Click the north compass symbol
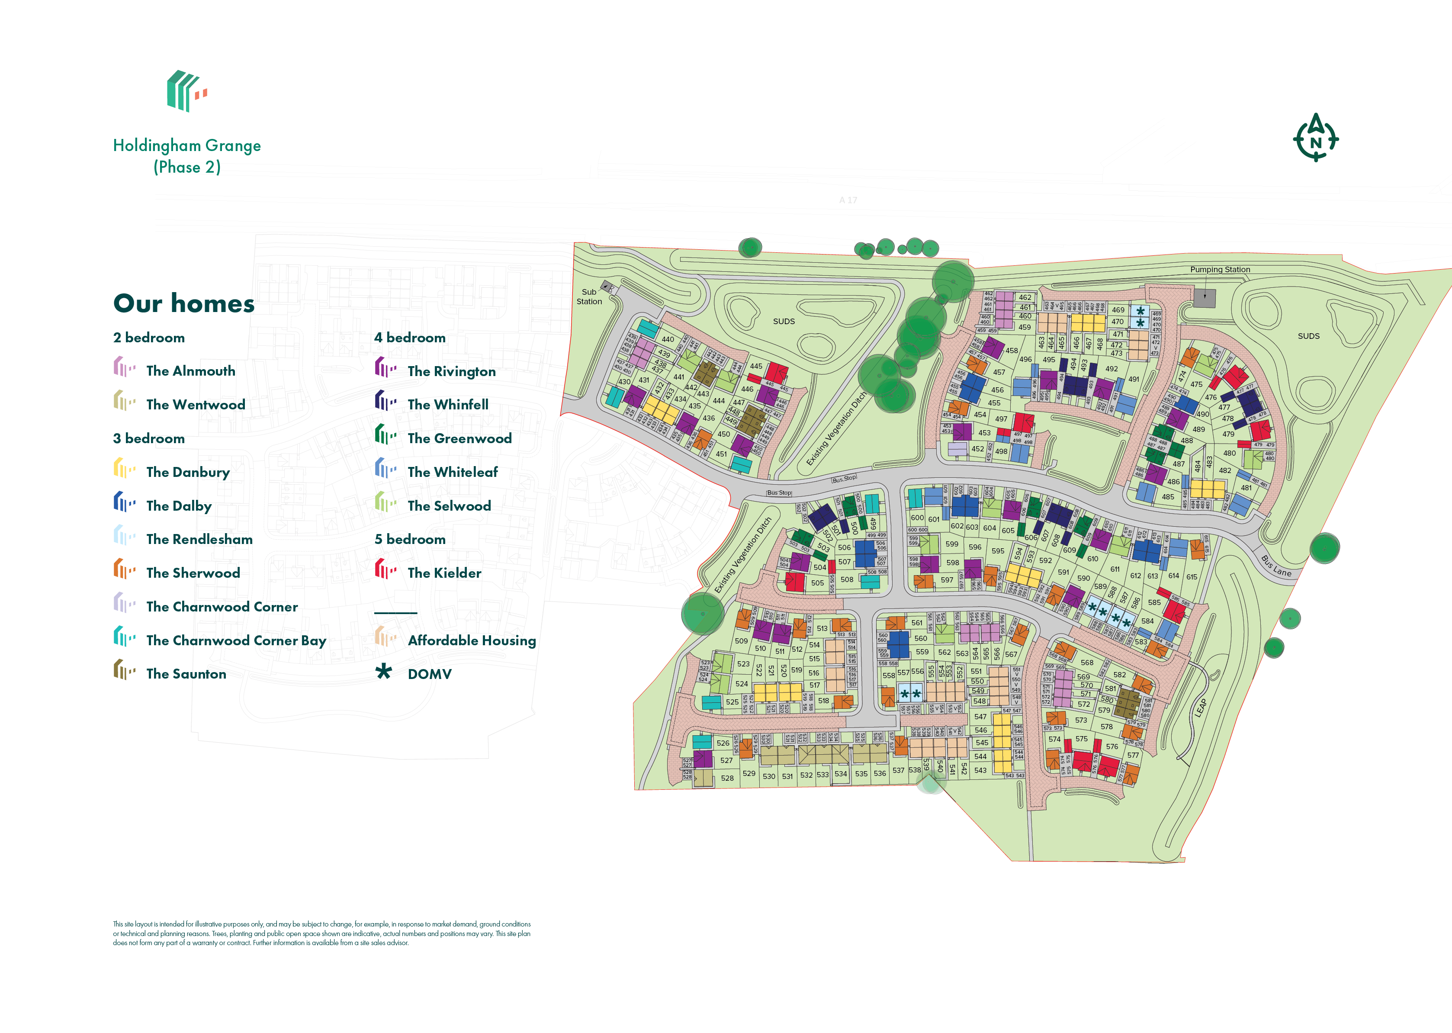click(x=1315, y=138)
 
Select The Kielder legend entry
click(x=444, y=573)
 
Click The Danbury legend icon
click(x=124, y=470)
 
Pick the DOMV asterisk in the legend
click(x=383, y=672)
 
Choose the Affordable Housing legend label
click(x=471, y=640)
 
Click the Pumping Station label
click(x=1219, y=270)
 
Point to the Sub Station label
click(x=589, y=296)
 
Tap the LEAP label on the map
click(x=1200, y=707)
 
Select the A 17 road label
click(x=848, y=200)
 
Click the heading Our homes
click(x=184, y=303)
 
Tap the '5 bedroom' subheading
click(x=410, y=539)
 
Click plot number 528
click(x=727, y=778)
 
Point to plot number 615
click(x=1191, y=577)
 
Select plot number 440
click(x=667, y=339)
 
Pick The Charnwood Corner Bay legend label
click(x=236, y=640)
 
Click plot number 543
click(x=980, y=770)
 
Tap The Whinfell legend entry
click(x=448, y=405)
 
